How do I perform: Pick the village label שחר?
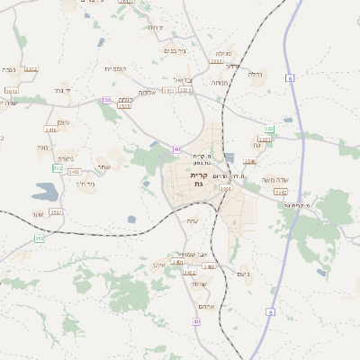click(103, 167)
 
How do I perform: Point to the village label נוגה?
click(42, 147)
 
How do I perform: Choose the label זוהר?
click(38, 214)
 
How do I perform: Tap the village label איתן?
click(158, 265)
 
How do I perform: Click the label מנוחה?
click(219, 82)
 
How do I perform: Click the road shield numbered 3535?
click(124, 105)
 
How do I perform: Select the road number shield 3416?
click(50, 130)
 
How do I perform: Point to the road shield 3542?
click(281, 192)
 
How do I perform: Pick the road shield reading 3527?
click(57, 212)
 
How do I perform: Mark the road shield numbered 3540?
click(250, 162)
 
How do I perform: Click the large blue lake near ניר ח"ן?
click(43, 191)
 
